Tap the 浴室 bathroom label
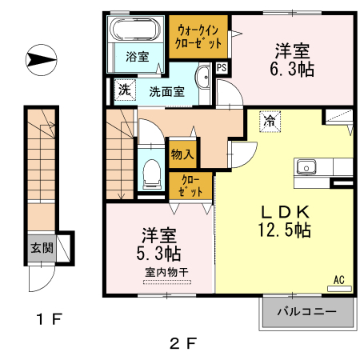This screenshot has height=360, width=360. click(x=137, y=56)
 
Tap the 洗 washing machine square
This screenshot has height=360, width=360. click(x=124, y=90)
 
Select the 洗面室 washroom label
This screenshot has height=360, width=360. click(x=167, y=91)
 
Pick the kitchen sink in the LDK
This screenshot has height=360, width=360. click(x=306, y=167)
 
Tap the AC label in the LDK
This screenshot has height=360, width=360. click(x=338, y=280)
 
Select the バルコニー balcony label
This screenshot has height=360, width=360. click(x=306, y=311)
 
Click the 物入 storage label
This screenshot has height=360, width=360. click(x=181, y=152)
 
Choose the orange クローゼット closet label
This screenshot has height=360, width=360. click(x=190, y=186)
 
